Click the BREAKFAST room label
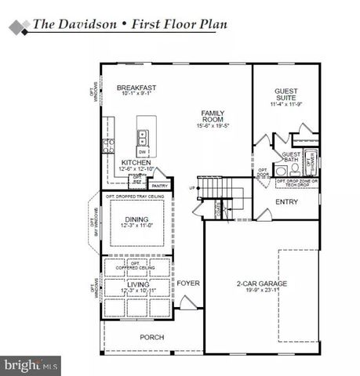click(136, 88)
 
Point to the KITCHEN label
click(136, 162)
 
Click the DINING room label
click(136, 219)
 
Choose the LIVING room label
click(136, 285)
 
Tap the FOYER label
click(187, 282)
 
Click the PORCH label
click(152, 338)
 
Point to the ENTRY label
click(286, 201)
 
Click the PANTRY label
click(160, 186)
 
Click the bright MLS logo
click(31, 364)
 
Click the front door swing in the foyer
click(187, 303)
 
